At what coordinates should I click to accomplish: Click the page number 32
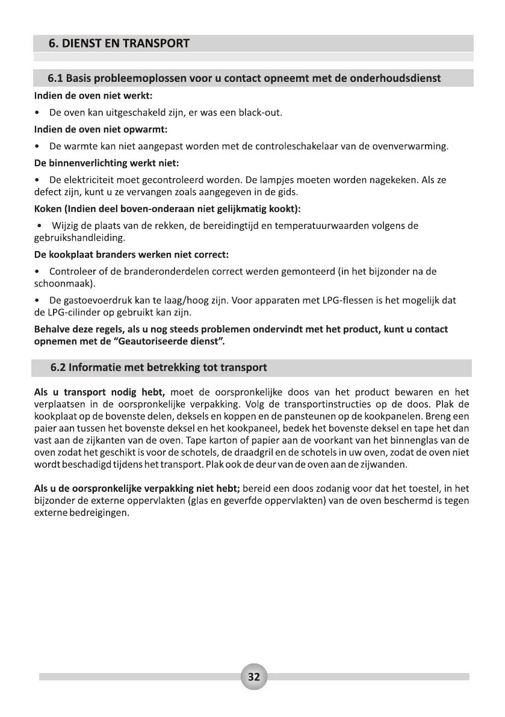(x=253, y=677)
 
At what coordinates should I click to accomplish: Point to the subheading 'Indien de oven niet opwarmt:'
(x=101, y=129)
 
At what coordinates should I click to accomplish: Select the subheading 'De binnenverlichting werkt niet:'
(x=107, y=163)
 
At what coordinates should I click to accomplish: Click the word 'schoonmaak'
(x=58, y=283)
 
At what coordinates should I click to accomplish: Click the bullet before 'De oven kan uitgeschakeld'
(x=39, y=113)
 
